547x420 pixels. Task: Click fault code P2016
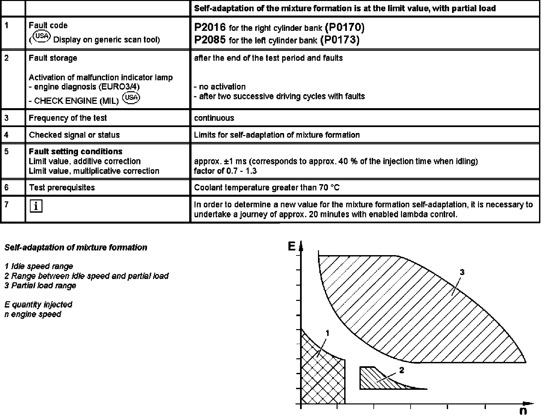210,27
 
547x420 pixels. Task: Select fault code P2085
210,40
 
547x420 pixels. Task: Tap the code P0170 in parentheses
345,27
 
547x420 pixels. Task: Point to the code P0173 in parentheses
340,40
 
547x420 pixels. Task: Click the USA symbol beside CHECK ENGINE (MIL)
131,98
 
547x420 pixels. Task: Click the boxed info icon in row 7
36,206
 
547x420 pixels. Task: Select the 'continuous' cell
214,118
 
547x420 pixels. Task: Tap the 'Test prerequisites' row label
62,187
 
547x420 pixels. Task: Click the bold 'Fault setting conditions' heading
76,152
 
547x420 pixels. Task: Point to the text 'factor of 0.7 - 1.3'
225,171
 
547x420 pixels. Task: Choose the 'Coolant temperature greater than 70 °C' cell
267,187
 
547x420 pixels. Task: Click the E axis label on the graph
291,246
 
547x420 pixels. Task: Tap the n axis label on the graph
523,411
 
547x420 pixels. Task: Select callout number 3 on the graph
462,272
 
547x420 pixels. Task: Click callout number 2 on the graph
401,370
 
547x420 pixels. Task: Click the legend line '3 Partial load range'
40,286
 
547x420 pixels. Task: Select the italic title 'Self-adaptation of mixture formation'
76,247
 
